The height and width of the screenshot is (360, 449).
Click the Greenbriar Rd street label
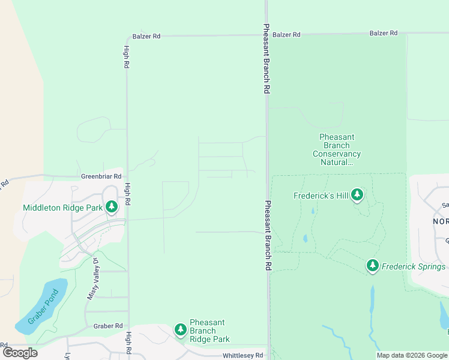click(x=101, y=177)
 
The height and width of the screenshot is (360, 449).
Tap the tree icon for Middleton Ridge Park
click(x=111, y=207)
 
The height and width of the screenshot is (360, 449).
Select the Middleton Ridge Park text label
click(x=62, y=208)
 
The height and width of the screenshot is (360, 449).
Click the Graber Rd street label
click(x=108, y=326)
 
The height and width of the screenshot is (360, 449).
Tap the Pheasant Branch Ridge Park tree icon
click(x=180, y=329)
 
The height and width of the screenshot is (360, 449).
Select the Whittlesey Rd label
click(x=243, y=355)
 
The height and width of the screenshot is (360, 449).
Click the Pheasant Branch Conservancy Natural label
click(x=337, y=149)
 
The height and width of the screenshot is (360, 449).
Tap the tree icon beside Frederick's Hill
click(x=357, y=194)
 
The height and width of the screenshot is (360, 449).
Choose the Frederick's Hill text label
click(x=321, y=196)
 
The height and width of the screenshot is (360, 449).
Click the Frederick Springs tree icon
click(x=372, y=265)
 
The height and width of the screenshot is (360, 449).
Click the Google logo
click(x=20, y=353)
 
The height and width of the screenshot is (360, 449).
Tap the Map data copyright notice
click(x=412, y=356)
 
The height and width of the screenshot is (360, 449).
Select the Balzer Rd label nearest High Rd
click(x=148, y=36)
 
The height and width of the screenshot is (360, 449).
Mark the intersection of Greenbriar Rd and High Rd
click(x=127, y=177)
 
